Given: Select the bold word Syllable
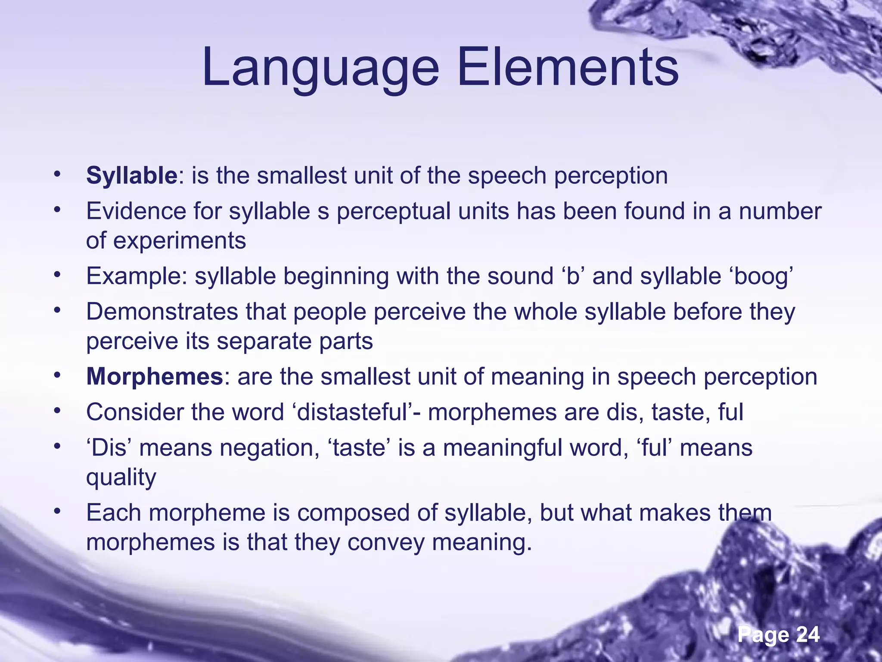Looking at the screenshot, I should (131, 176).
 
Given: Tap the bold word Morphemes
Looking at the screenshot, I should (154, 377).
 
